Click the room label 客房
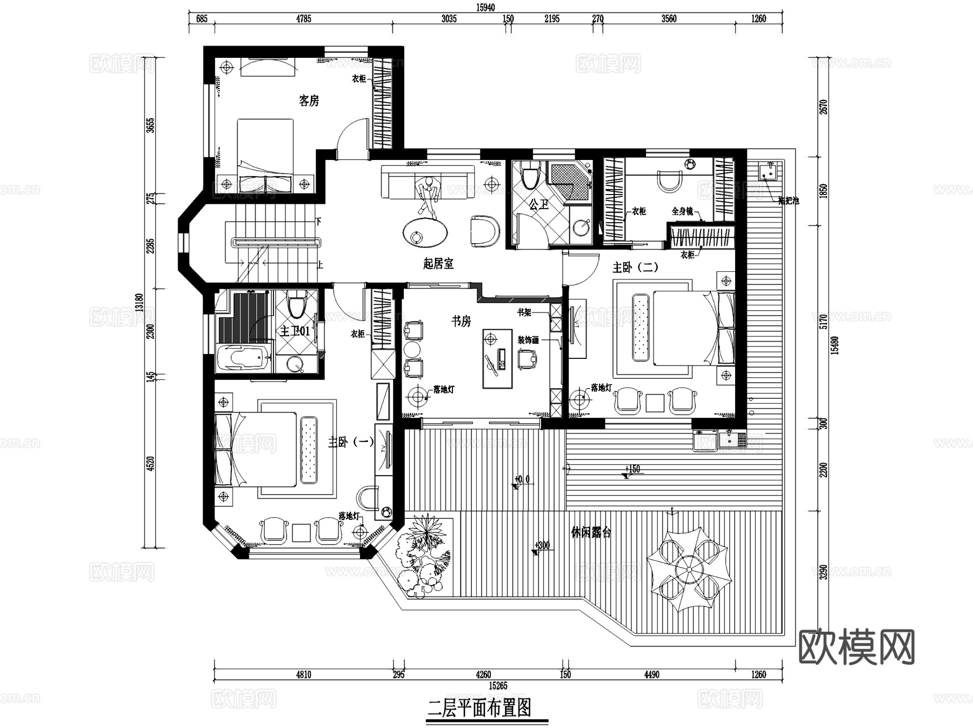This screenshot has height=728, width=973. pos(309,101)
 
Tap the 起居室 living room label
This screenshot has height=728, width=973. pos(438,264)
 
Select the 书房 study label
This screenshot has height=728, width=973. pos(461,321)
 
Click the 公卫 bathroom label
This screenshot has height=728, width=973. pos(538,204)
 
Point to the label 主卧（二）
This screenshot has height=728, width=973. pos(635,267)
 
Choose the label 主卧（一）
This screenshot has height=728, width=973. pos(351,442)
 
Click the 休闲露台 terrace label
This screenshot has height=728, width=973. pos(591,532)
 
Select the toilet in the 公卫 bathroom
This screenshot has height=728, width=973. pos(529,176)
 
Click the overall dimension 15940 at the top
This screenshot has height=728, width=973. pos(485,8)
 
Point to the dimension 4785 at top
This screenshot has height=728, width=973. pos(303,19)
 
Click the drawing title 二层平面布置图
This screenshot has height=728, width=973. pos(479,707)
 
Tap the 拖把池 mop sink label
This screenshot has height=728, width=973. pos(788,201)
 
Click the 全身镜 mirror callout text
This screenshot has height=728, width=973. pos(682,211)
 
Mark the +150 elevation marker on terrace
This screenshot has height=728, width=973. pos(632,469)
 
